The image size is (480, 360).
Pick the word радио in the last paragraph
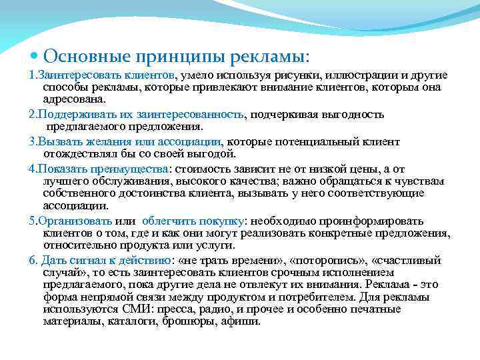(x=224, y=310)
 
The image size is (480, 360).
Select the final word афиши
(x=241, y=321)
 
